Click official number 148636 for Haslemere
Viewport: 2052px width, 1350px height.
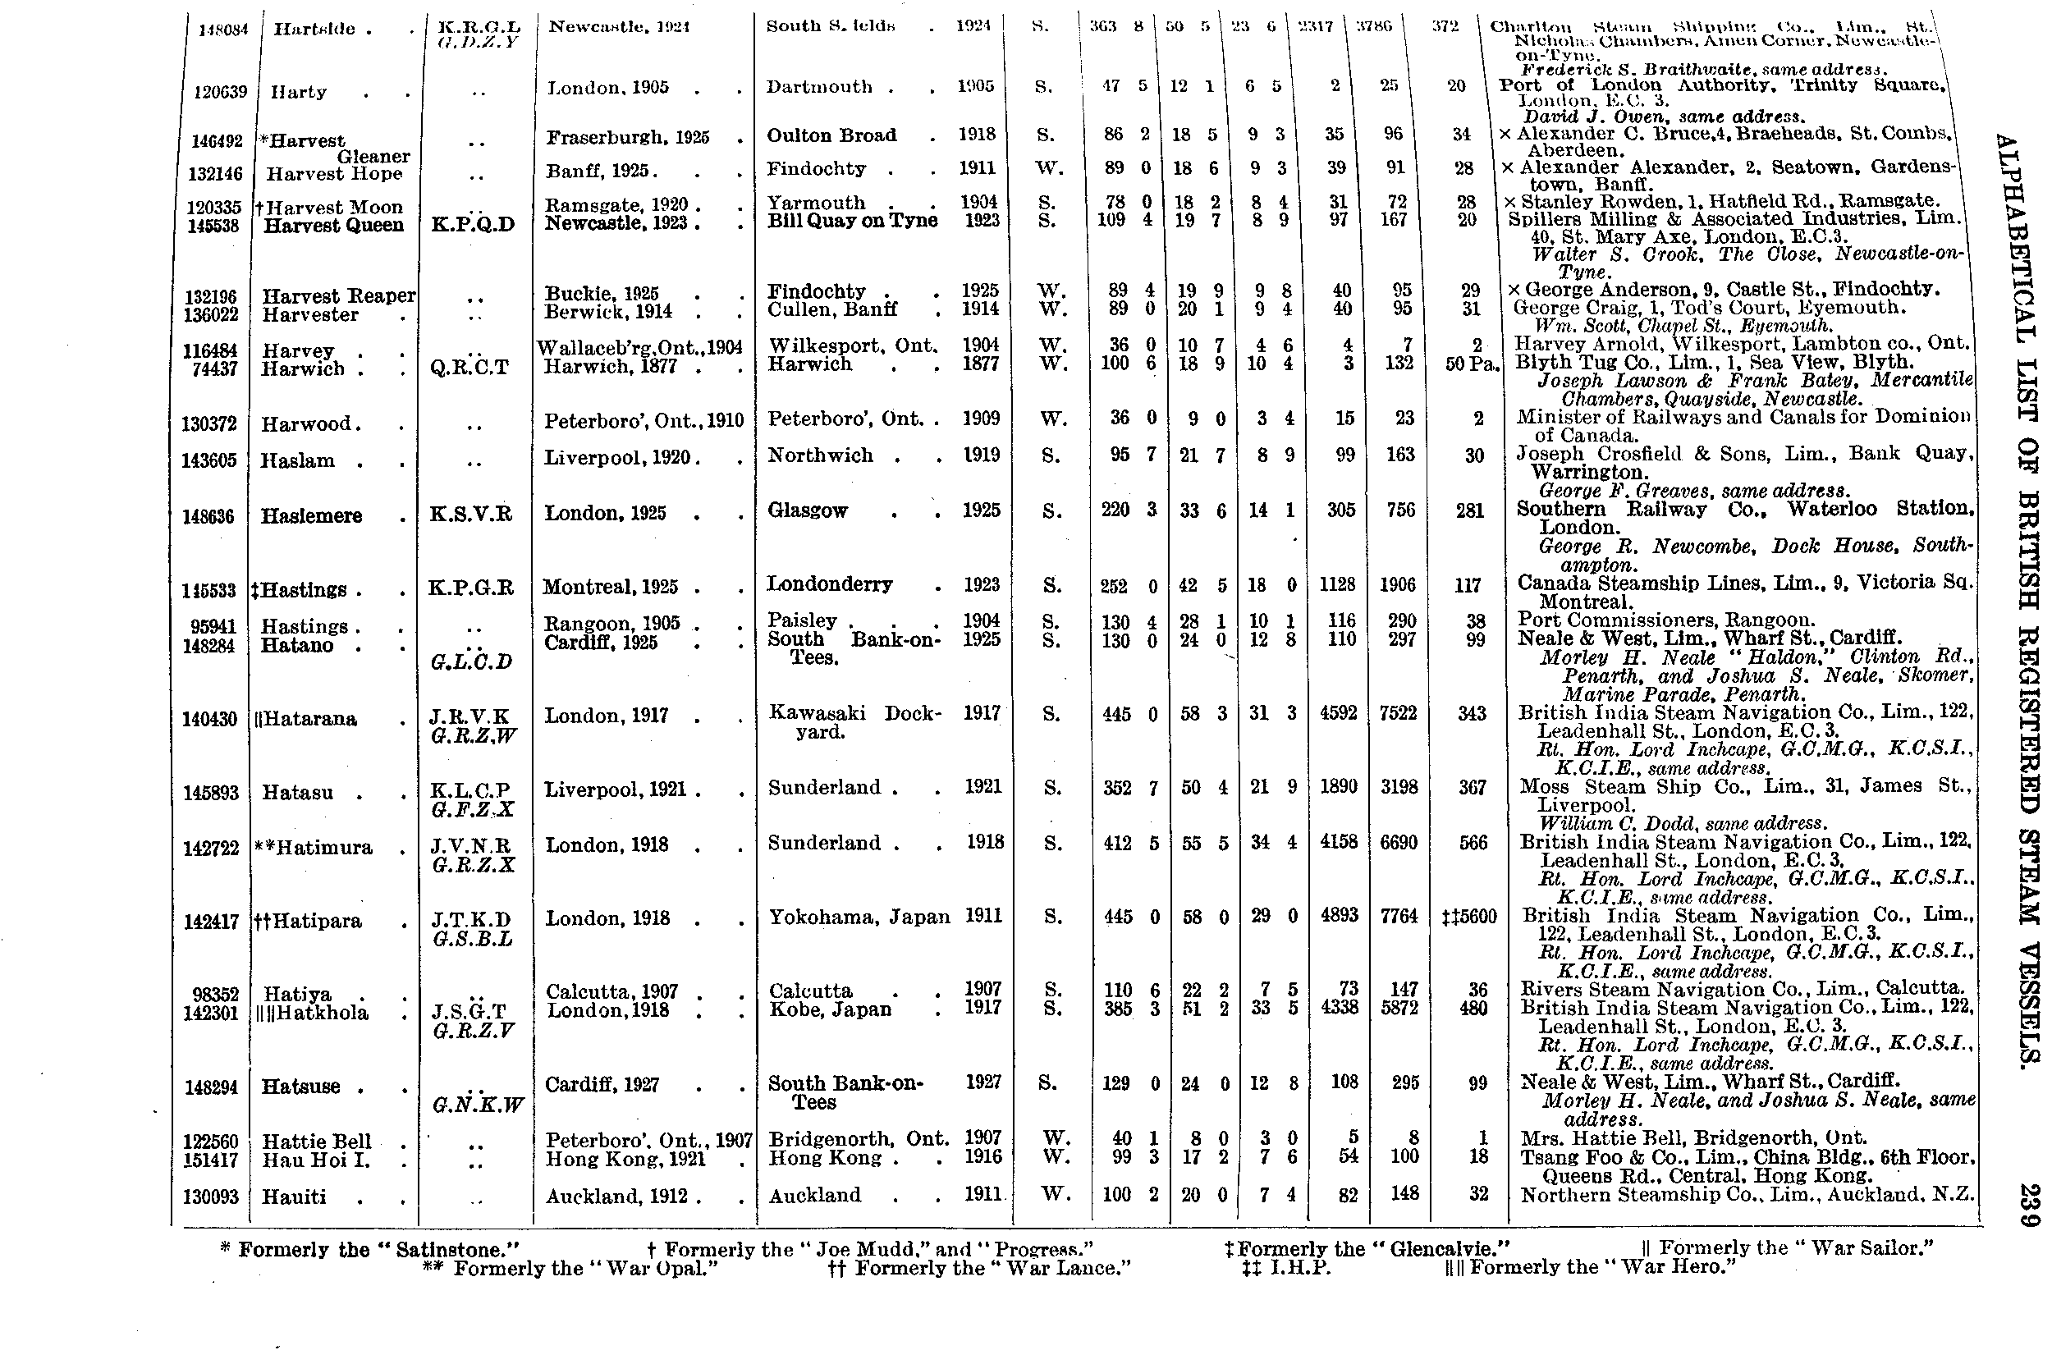click(x=210, y=517)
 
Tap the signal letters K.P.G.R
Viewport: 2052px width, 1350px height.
click(x=471, y=588)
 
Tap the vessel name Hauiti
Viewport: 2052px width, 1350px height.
click(x=293, y=1197)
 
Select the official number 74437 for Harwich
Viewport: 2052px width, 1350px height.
click(x=215, y=369)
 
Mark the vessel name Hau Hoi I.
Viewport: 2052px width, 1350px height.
click(x=315, y=1160)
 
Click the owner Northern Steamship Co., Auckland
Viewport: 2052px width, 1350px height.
click(x=1747, y=1196)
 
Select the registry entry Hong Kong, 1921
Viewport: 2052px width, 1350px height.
click(x=626, y=1160)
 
